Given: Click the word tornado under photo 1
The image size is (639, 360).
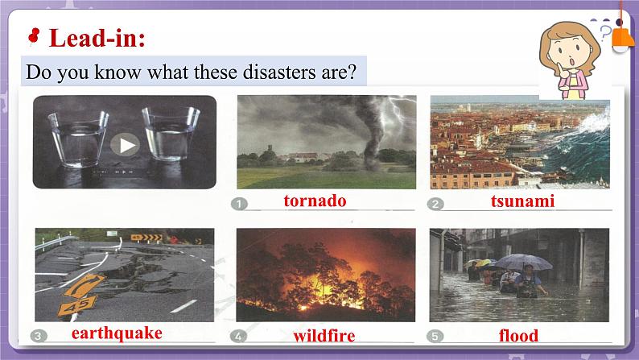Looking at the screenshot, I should coord(315,201).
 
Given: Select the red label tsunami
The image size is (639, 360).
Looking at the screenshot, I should coord(522,201).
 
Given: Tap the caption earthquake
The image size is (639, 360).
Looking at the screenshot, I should coord(117,333).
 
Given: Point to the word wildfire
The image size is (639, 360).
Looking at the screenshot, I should coord(324,335).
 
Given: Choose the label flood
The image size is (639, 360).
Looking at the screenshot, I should coord(518,335).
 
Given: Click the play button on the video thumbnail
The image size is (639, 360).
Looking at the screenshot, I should coord(124,145).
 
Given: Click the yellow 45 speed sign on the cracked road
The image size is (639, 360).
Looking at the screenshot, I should coord(77,305).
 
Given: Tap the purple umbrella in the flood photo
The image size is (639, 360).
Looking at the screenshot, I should coord(523,261).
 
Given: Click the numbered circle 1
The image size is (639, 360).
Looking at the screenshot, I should coord(241,204).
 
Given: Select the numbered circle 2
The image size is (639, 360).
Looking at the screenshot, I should coord(435,204).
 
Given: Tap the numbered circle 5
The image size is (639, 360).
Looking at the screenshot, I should coord(435,336).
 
